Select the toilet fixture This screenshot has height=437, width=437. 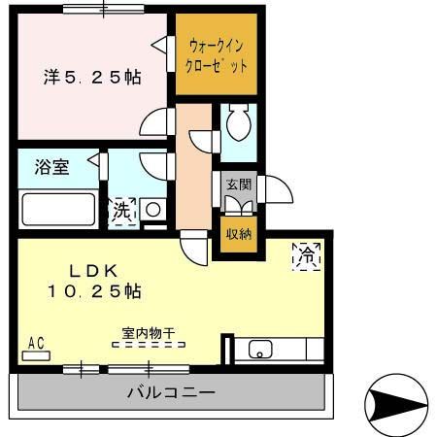coord(235,123)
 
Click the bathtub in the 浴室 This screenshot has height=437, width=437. coord(57,209)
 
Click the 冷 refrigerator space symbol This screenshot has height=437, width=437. coord(305,255)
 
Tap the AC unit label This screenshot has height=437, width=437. coord(37,343)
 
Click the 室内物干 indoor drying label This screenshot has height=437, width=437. coord(148,334)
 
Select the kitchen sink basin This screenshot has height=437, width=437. coord(261,351)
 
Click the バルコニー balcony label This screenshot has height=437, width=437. coord(171,393)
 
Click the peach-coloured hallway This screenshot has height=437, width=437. coord(193,170)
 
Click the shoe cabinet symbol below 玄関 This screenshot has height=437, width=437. coord(237,204)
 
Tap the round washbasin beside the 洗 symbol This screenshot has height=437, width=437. coord(152,208)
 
